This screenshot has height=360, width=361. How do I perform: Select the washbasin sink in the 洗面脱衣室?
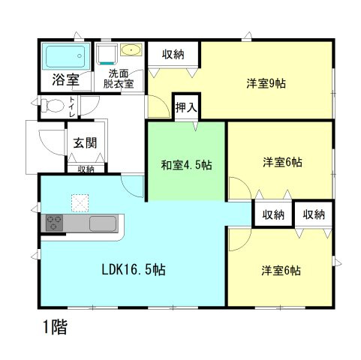(130, 51)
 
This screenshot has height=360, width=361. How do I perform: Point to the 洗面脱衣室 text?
(119, 79)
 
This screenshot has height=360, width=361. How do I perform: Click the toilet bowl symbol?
(51, 106)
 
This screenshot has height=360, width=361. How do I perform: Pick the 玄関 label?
(84, 142)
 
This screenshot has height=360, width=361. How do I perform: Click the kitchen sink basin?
(103, 223)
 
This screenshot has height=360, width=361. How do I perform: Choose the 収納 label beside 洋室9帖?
(173, 54)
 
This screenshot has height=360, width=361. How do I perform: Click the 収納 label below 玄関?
(85, 169)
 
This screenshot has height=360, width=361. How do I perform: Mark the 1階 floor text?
(55, 328)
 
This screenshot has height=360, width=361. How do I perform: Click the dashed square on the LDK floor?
(80, 202)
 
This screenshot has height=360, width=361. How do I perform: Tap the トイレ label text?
(71, 106)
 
